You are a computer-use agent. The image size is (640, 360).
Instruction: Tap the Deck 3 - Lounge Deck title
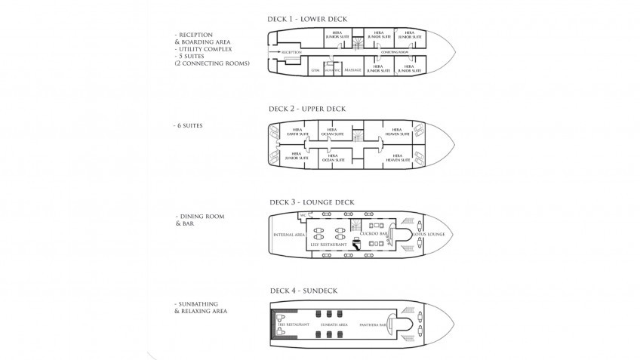[311, 202]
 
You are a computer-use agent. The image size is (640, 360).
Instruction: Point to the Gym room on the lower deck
[315, 69]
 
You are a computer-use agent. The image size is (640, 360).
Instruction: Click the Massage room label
[352, 69]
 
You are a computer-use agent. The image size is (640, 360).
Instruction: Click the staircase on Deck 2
[359, 136]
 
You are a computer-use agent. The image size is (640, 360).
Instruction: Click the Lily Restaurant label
[329, 245]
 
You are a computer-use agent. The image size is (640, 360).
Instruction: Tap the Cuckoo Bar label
[374, 235]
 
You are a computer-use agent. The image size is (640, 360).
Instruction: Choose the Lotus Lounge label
[429, 235]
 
